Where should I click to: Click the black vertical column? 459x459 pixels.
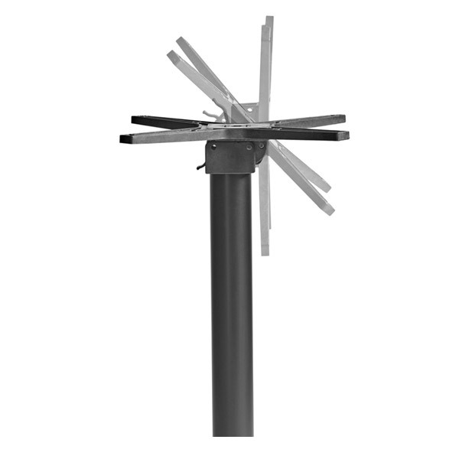click(x=232, y=306)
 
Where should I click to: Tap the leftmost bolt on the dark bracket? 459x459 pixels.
click(x=216, y=148)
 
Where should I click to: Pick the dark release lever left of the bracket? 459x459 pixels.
click(x=201, y=165)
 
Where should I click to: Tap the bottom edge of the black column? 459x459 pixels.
click(x=232, y=434)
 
